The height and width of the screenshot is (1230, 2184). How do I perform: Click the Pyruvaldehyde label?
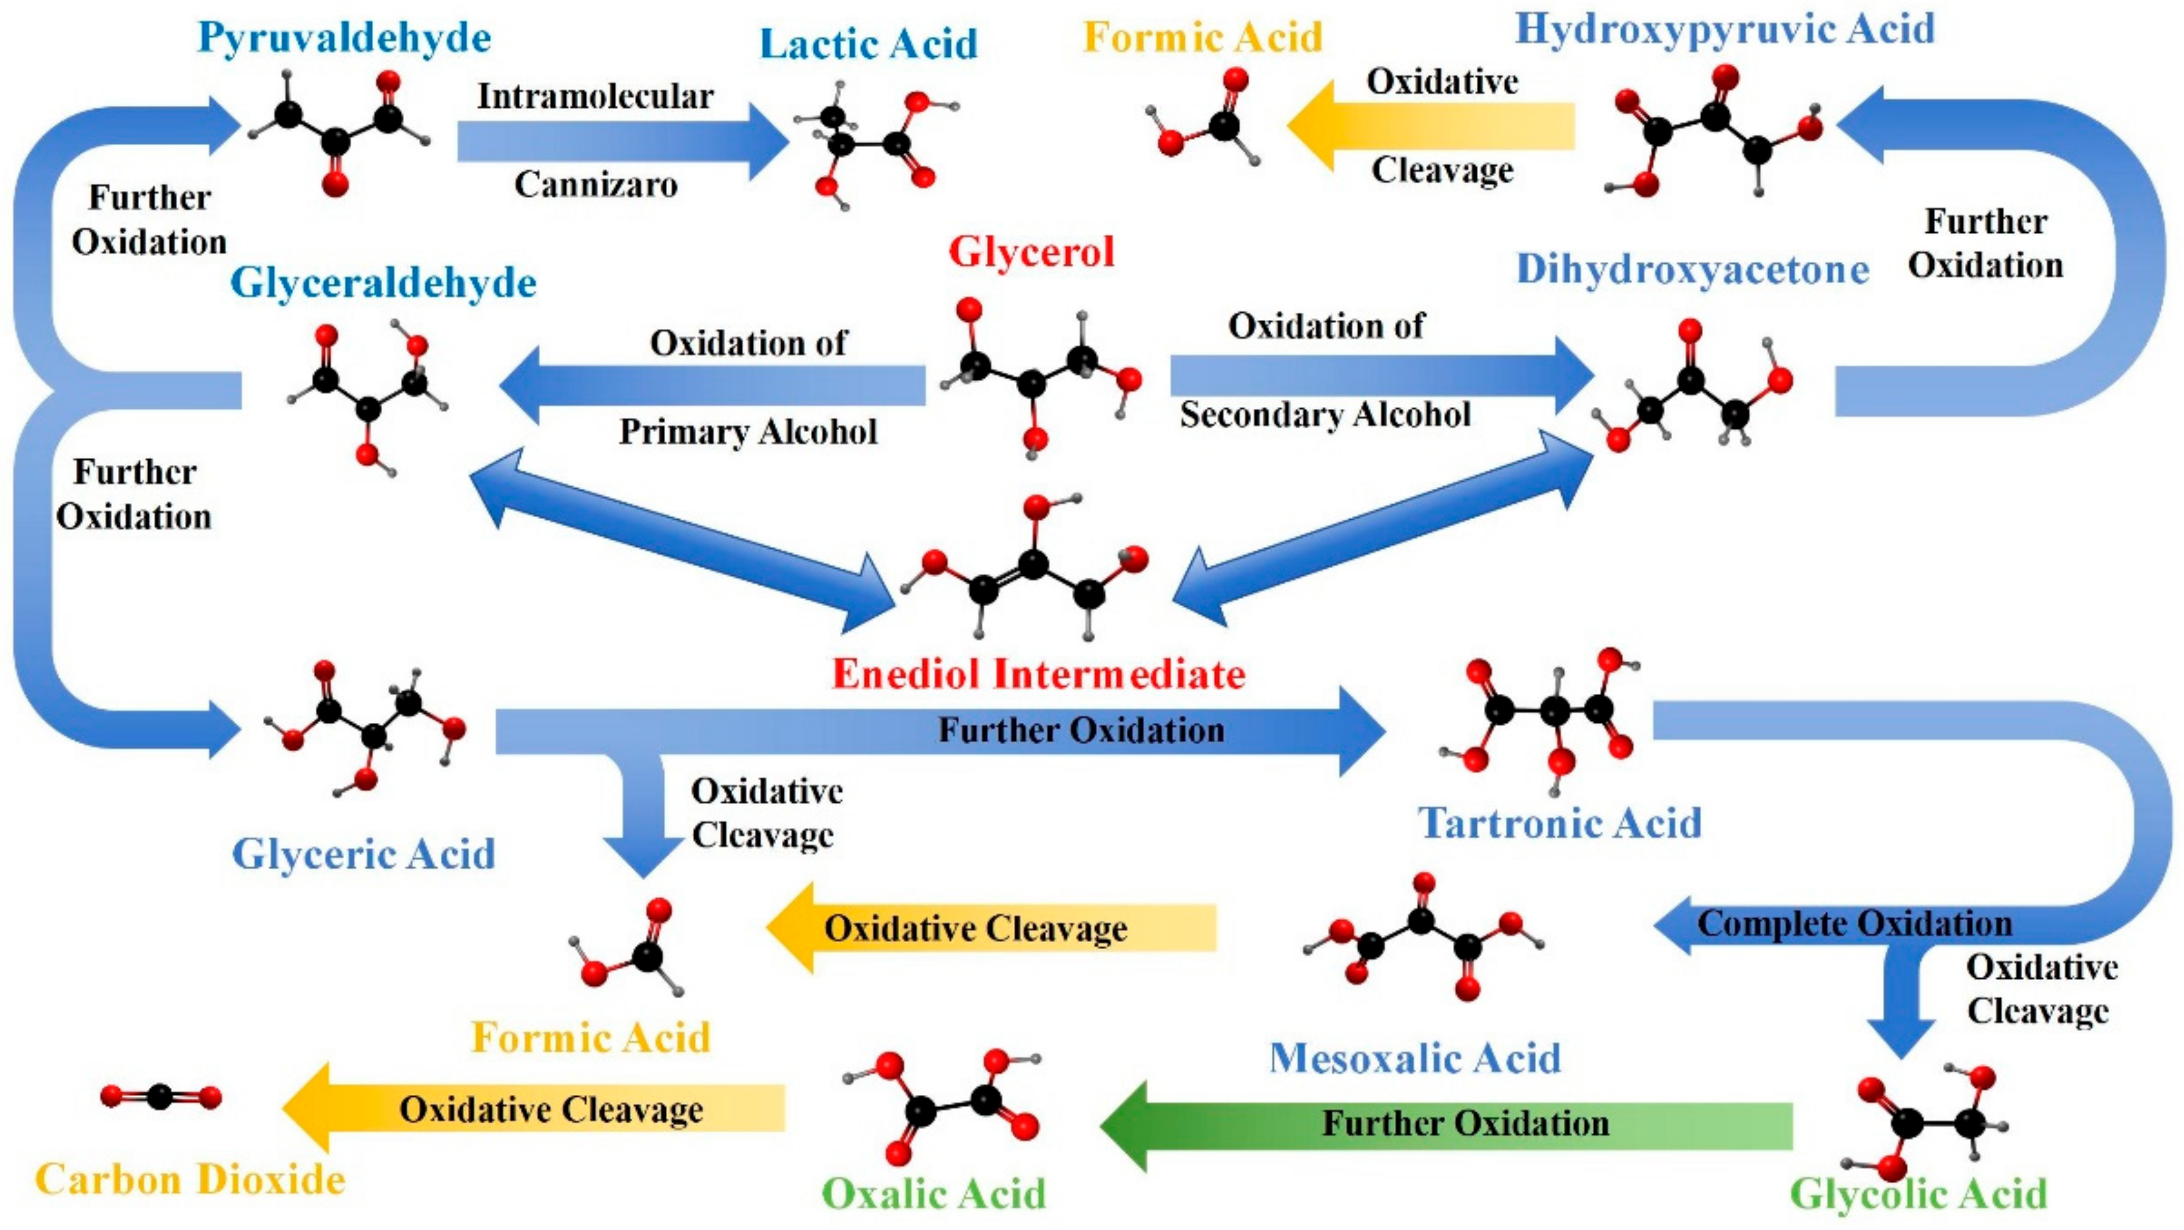point(344,38)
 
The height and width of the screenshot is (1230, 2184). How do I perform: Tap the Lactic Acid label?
point(868,44)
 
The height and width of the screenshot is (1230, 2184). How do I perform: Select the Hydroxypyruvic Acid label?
point(1724,29)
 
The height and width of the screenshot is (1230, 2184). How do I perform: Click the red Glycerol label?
point(1031,252)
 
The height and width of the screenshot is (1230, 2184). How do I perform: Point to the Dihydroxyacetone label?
point(1692,270)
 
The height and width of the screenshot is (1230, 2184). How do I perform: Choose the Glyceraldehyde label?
point(383,283)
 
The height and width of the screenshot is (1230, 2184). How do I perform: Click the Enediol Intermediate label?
point(1038,674)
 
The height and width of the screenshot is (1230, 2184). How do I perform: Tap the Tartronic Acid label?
point(1560,823)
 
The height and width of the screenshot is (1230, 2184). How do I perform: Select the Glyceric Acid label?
point(364,854)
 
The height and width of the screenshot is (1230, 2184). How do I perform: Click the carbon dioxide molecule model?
point(161,1097)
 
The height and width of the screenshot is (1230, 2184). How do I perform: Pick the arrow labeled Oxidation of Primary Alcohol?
point(712,386)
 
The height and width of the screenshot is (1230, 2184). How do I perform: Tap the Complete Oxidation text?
point(1854,924)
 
